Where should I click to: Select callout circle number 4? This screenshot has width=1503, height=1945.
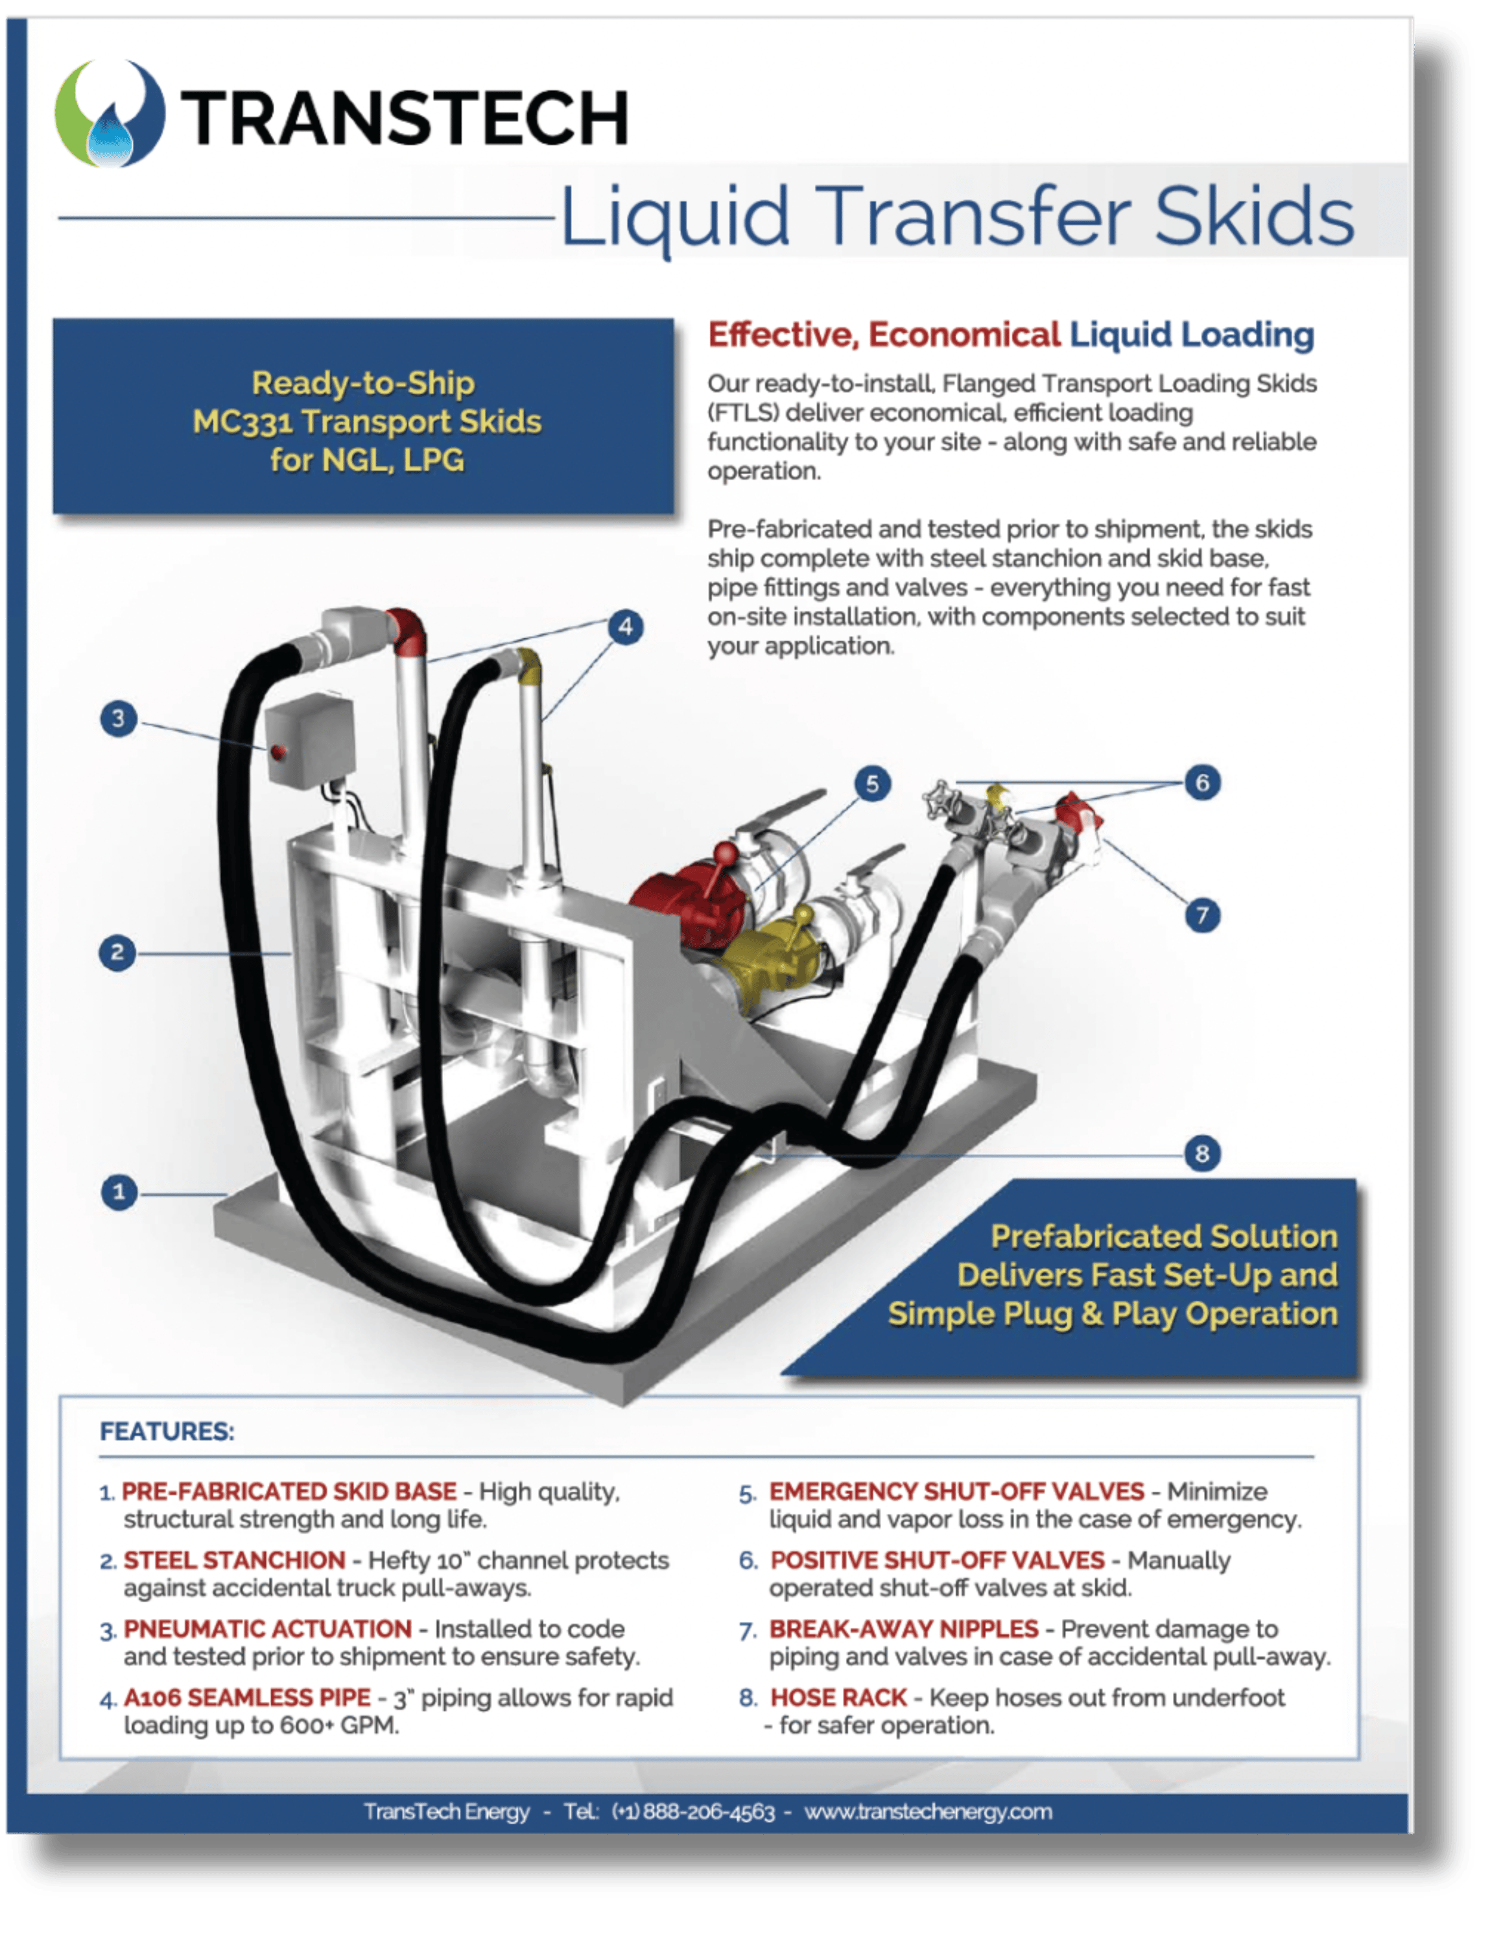[626, 627]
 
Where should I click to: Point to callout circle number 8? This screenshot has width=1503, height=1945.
[1202, 1153]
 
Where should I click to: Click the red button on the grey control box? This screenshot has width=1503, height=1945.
[278, 752]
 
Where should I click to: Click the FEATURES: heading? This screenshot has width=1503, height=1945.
[167, 1431]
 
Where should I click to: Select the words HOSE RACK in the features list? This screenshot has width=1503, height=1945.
[838, 1697]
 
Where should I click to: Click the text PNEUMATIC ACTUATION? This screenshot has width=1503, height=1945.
[267, 1629]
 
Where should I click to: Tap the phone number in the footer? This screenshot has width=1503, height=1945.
[694, 1811]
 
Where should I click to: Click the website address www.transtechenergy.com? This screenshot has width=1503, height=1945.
[928, 1811]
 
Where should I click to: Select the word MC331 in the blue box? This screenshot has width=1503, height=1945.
[243, 422]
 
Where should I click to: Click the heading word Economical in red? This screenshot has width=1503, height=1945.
[964, 335]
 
